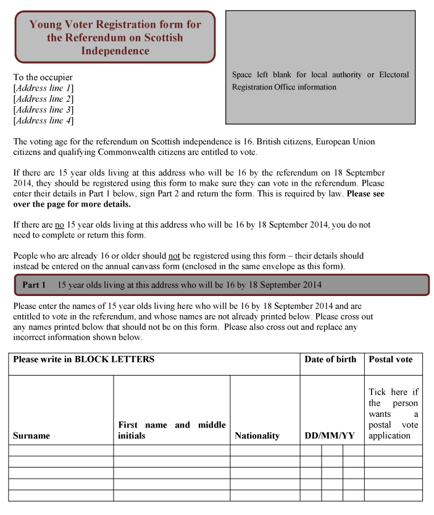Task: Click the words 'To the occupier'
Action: tap(43, 78)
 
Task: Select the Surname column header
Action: tap(31, 435)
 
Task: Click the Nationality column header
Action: tap(257, 435)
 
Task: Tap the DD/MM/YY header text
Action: tap(330, 435)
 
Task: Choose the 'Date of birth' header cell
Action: tap(330, 360)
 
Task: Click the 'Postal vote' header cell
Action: tap(391, 360)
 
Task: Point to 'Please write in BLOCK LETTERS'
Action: tap(84, 360)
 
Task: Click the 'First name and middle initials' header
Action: tap(172, 430)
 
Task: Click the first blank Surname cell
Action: tap(61, 450)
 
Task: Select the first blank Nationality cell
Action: tap(265, 450)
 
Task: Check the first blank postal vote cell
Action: tap(393, 450)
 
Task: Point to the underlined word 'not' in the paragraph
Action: tap(175, 255)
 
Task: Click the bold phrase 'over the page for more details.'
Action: tap(72, 204)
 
